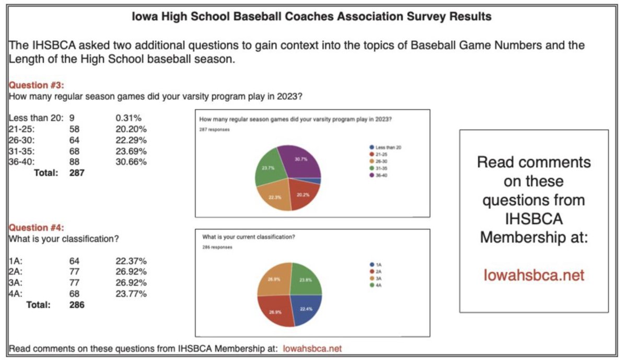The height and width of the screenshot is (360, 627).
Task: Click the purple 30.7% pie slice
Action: point(299,161)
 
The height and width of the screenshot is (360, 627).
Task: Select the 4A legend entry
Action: point(378,285)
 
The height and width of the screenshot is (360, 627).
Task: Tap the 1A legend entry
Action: point(378,265)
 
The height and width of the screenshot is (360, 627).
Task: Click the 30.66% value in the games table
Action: point(131,162)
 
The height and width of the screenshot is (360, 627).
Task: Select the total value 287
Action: point(76,172)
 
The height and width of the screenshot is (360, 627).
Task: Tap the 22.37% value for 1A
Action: point(131,261)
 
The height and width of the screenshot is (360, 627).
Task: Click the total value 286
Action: point(76,305)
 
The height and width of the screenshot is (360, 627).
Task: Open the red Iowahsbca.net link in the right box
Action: point(533,275)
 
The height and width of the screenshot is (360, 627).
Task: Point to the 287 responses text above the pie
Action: point(214,129)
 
